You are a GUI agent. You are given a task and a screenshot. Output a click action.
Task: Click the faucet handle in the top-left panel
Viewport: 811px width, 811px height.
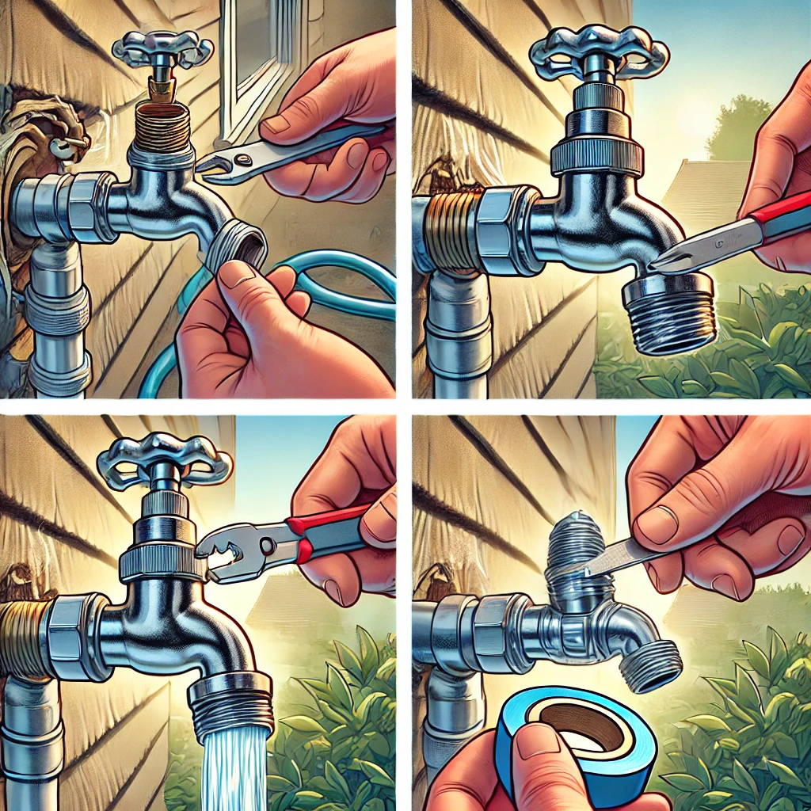pyautogui.click(x=162, y=49)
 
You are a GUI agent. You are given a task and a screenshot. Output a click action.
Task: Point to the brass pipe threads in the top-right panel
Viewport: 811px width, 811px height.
pyautogui.click(x=447, y=230)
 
